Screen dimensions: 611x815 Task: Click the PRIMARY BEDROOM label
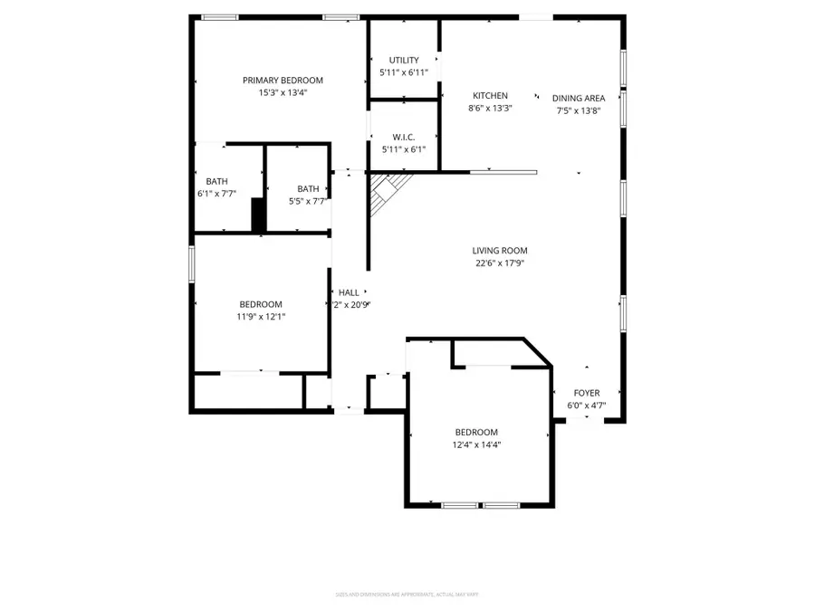click(x=283, y=81)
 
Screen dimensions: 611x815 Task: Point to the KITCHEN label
click(x=490, y=96)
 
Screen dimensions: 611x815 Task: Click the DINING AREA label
click(x=579, y=99)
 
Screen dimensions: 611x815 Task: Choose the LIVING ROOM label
click(x=499, y=251)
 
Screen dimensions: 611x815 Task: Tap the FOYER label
click(x=587, y=393)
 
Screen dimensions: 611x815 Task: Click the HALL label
click(x=349, y=292)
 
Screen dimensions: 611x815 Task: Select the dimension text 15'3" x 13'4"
click(x=283, y=92)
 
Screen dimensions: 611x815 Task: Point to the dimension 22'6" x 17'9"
click(x=499, y=263)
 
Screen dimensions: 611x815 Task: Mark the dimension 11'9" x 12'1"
click(x=261, y=317)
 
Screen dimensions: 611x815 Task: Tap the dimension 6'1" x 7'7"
click(x=217, y=194)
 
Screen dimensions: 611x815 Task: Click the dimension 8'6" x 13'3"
click(x=490, y=109)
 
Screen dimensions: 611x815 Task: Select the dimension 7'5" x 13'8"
click(x=579, y=111)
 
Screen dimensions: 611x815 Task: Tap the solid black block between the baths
click(x=258, y=215)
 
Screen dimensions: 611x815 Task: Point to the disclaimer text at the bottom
click(x=407, y=595)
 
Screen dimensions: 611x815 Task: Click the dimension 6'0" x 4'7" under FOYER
click(x=587, y=406)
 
